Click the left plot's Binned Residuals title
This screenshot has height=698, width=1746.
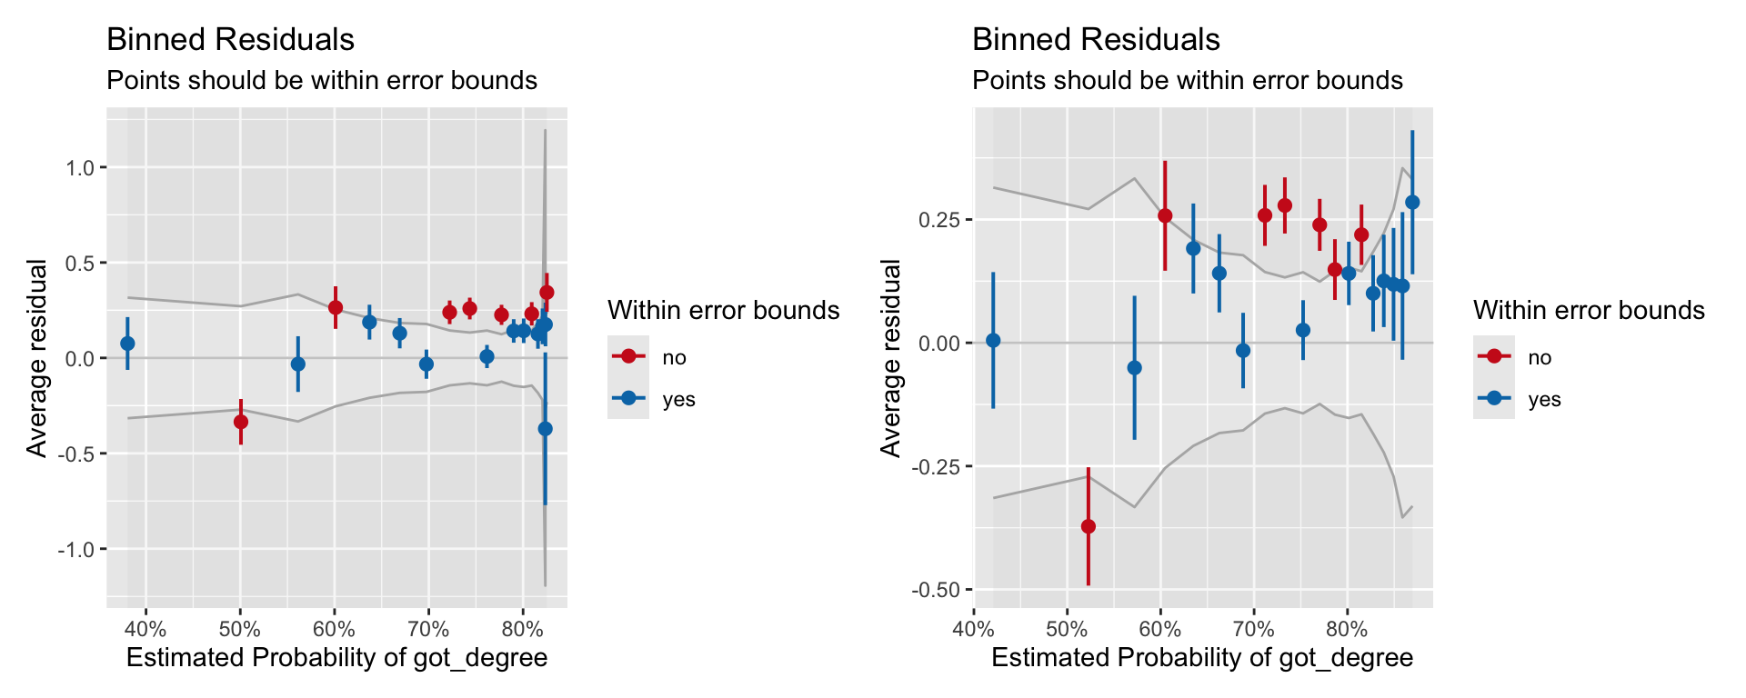click(x=230, y=40)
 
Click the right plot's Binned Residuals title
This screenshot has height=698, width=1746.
click(x=1096, y=40)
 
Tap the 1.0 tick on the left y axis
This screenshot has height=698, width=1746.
click(x=80, y=167)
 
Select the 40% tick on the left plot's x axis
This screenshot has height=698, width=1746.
click(x=145, y=629)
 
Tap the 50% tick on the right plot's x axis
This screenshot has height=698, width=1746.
click(x=1067, y=629)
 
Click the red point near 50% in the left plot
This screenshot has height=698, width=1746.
click(x=241, y=422)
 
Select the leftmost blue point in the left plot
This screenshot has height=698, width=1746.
click(x=127, y=344)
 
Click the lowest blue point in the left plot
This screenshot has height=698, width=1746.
click(x=545, y=429)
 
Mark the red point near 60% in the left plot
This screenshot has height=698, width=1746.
click(x=336, y=307)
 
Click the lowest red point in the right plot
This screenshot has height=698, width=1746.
click(x=1088, y=526)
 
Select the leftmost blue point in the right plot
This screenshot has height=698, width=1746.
click(x=993, y=341)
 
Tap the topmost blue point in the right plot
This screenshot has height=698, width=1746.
click(x=1412, y=203)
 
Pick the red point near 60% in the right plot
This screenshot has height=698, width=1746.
click(x=1165, y=215)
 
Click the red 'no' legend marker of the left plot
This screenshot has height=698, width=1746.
click(x=628, y=357)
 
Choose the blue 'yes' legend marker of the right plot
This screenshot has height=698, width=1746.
click(x=1494, y=399)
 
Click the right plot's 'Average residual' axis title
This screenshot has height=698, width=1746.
click(x=891, y=358)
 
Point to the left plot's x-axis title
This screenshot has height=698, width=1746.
click(x=336, y=658)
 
